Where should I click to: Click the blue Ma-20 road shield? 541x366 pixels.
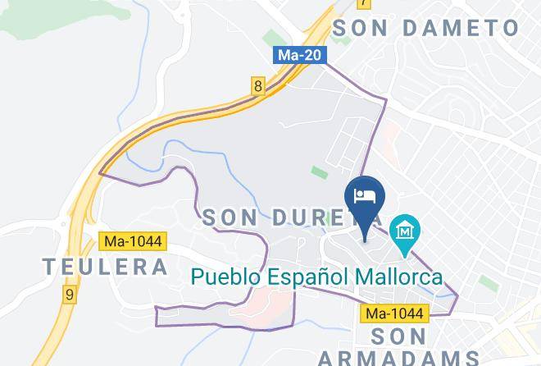pos(300,55)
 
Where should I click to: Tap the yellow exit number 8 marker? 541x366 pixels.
pos(258,85)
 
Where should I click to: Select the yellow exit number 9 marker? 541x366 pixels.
pos(70,292)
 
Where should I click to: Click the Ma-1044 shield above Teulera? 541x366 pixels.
pos(132,241)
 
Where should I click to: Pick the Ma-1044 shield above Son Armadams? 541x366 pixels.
pos(395,313)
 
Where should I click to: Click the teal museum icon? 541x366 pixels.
pos(405,232)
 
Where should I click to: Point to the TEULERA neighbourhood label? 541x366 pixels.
pos(105,267)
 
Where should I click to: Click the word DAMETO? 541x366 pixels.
pos(464,27)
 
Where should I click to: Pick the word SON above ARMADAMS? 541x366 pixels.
pos(399,336)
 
